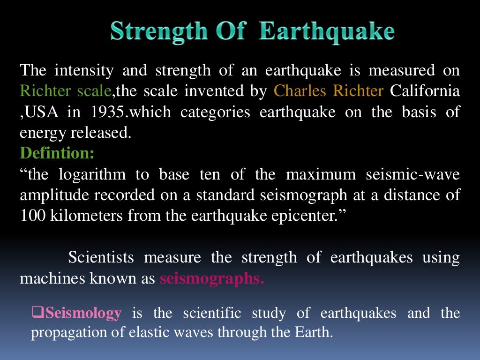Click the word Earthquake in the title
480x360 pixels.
[x=327, y=32]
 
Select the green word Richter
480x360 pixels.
[x=46, y=91]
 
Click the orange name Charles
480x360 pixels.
[x=300, y=91]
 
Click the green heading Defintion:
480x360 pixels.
[x=57, y=153]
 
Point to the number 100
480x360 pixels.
[x=31, y=216]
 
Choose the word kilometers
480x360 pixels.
[x=79, y=216]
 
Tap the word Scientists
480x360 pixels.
[x=101, y=257]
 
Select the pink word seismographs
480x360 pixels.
[x=212, y=278]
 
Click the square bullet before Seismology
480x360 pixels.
[x=37, y=312]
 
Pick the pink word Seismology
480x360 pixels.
[x=83, y=313]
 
